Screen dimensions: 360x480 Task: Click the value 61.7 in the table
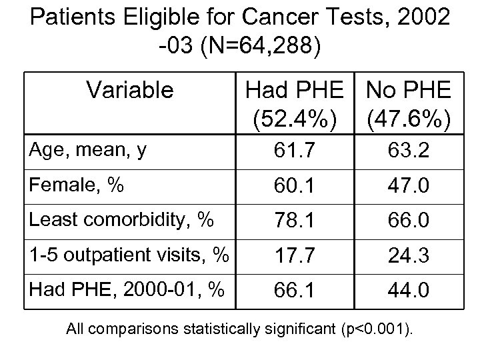click(295, 153)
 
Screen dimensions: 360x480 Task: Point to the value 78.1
click(295, 220)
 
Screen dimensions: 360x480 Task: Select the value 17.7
click(295, 256)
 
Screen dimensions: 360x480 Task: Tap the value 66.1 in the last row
click(295, 291)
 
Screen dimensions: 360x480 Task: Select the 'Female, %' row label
click(66, 185)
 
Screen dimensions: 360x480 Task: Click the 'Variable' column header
click(131, 89)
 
